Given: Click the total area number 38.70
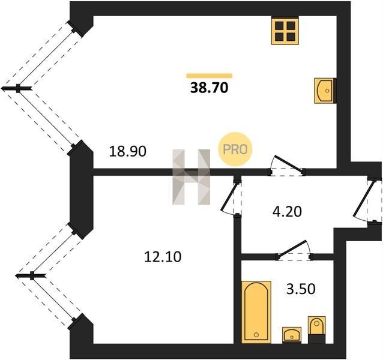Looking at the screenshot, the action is pyautogui.click(x=210, y=88).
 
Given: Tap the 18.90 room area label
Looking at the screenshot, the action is pyautogui.click(x=127, y=151).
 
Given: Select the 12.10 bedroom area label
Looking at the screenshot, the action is pyautogui.click(x=163, y=257).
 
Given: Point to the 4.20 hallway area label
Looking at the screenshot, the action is pyautogui.click(x=287, y=211).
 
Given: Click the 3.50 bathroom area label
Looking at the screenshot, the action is pyautogui.click(x=301, y=289).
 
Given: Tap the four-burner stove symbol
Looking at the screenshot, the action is pyautogui.click(x=285, y=31).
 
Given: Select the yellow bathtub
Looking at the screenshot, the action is pyautogui.click(x=256, y=312).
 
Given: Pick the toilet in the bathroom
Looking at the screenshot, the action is pyautogui.click(x=316, y=330).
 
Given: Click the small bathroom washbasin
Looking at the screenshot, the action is pyautogui.click(x=292, y=335).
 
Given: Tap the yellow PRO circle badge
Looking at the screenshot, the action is pyautogui.click(x=235, y=149).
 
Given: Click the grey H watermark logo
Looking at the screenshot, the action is pyautogui.click(x=191, y=177).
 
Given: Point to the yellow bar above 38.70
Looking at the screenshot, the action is pyautogui.click(x=209, y=76).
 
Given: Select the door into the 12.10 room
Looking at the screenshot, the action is pyautogui.click(x=231, y=197).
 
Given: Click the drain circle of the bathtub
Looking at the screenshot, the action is pyautogui.click(x=256, y=335).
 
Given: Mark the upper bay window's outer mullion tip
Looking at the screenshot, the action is pyautogui.click(x=2, y=88).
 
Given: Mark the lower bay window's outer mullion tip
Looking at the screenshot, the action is pyautogui.click(x=16, y=276).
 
